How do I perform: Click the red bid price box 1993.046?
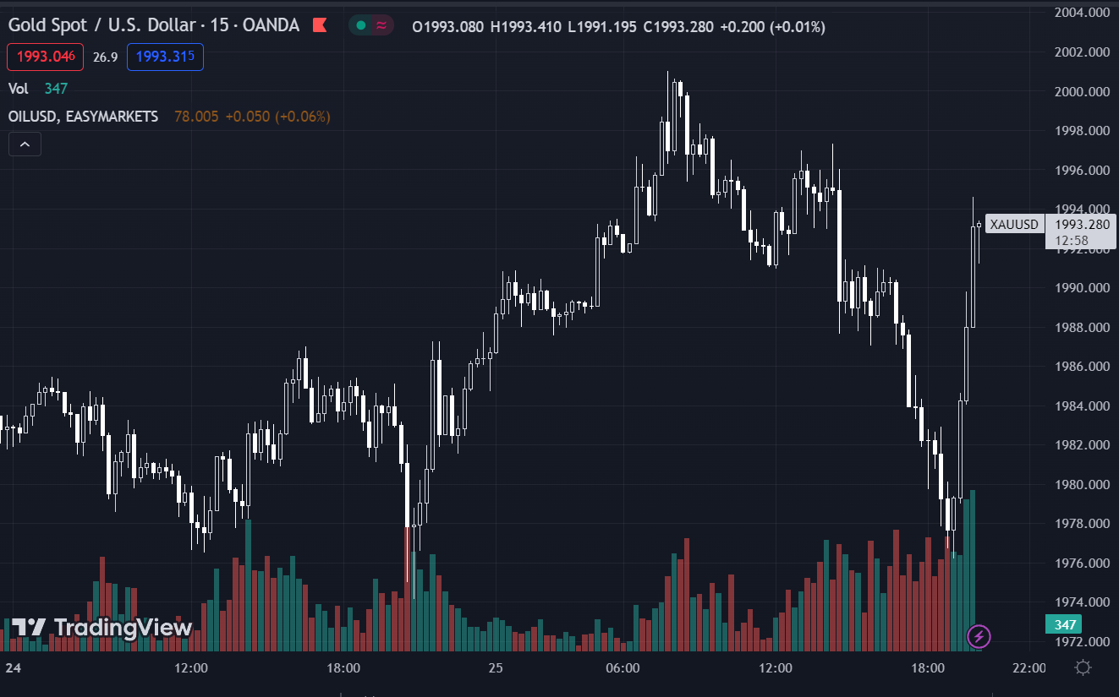(45, 57)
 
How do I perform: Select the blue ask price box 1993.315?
(165, 57)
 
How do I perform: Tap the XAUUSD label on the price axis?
(1014, 225)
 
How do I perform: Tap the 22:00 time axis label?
(1028, 668)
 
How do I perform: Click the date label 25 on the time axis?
(496, 668)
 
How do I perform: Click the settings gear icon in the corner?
(1082, 668)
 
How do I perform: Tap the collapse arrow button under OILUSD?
(25, 144)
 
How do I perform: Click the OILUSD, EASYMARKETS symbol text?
(83, 117)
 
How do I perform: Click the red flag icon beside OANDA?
(320, 25)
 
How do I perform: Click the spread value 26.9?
(105, 57)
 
